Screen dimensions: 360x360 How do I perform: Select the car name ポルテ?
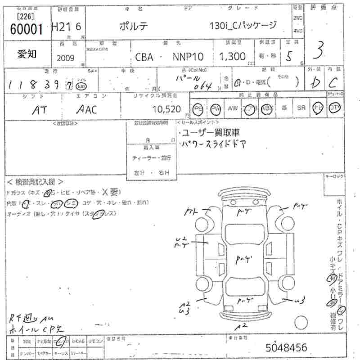coord(135,26)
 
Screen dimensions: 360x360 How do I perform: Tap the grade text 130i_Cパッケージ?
coord(243,26)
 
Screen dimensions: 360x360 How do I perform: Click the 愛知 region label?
coord(27,54)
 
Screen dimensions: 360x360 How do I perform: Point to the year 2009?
coord(67,58)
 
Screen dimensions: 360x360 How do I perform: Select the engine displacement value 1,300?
coord(232,57)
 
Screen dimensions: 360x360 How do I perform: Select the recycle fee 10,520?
coord(166,109)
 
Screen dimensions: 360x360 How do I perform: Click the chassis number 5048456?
coord(287,347)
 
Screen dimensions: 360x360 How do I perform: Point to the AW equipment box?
coord(233,108)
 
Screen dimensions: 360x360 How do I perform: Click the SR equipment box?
coord(301,108)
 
